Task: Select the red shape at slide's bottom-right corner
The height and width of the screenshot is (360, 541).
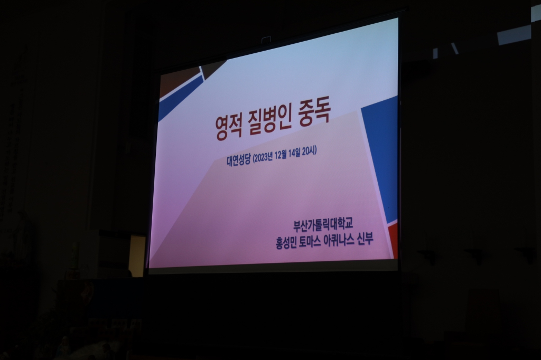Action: pos(393,241)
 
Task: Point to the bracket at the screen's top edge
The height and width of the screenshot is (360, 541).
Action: pos(266,40)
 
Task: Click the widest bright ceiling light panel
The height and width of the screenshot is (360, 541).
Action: pos(514,35)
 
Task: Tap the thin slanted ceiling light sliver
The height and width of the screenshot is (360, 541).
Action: pos(454,48)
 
